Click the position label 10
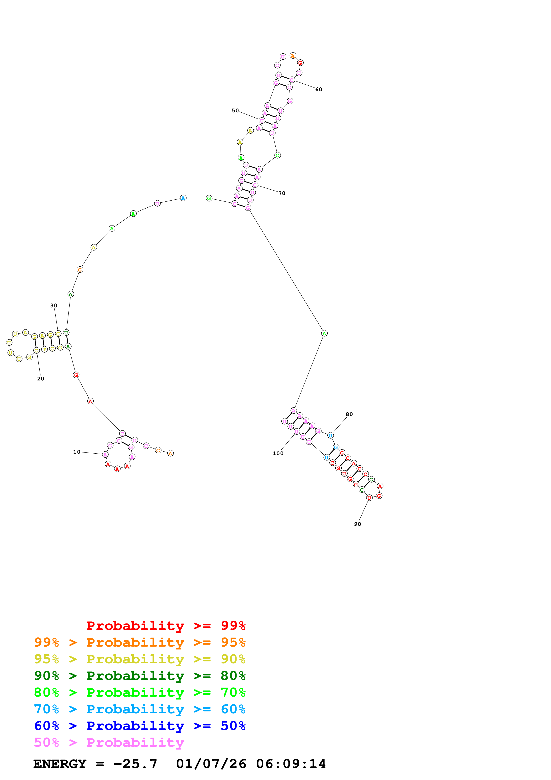click(77, 452)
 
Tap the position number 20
click(40, 379)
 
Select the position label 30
click(54, 306)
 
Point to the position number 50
click(235, 111)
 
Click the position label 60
click(319, 89)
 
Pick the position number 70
click(282, 193)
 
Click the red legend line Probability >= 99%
click(166, 626)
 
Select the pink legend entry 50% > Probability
click(109, 743)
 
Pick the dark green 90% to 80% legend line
click(140, 676)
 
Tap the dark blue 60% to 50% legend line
click(140, 726)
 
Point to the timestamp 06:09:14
click(291, 764)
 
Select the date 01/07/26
click(211, 764)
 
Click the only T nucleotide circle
click(44, 349)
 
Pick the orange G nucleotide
click(80, 270)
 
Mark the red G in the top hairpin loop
click(300, 63)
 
